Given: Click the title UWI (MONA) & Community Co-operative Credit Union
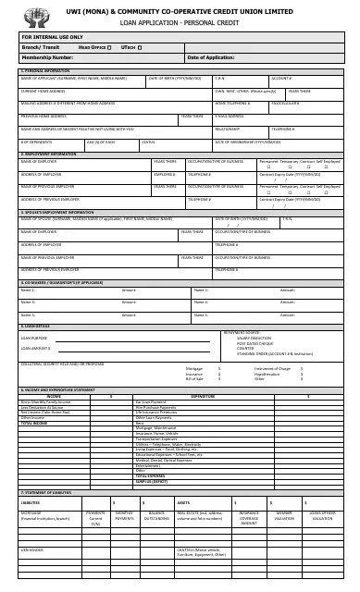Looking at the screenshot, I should click(x=180, y=8).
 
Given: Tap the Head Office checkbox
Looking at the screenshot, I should click(x=109, y=45).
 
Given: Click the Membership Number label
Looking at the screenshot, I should click(x=47, y=57).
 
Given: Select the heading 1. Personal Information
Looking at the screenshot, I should click(x=45, y=70).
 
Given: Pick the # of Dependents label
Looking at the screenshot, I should click(x=36, y=142).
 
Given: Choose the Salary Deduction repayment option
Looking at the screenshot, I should click(x=255, y=339).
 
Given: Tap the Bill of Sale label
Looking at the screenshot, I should click(x=194, y=378).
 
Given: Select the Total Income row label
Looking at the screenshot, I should click(x=34, y=422).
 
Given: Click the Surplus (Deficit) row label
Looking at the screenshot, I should click(x=153, y=481).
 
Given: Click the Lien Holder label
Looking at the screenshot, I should click(x=32, y=549).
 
